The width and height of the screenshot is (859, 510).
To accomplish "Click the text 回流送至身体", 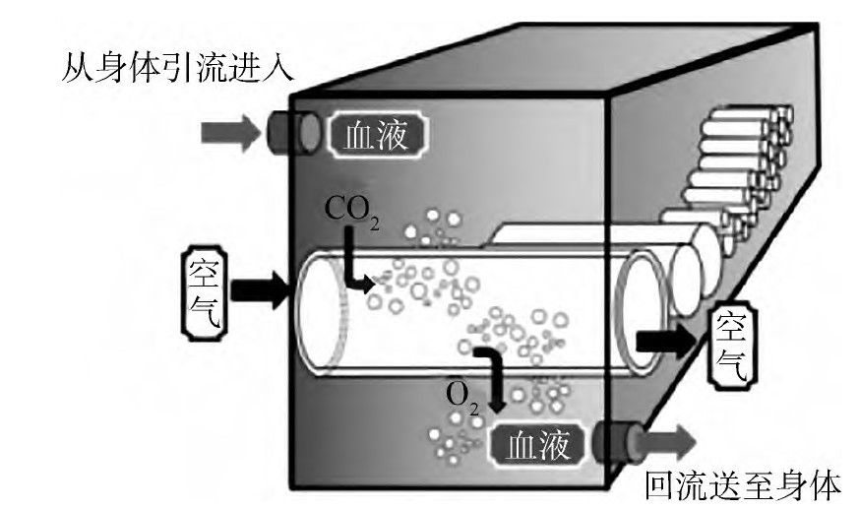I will click(743, 485).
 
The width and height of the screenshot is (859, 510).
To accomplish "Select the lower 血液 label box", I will click(537, 446).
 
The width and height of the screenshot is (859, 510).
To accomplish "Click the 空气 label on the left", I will click(206, 290).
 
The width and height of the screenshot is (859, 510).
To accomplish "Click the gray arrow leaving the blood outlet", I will click(670, 439).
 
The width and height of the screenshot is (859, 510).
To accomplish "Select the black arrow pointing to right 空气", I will click(667, 341).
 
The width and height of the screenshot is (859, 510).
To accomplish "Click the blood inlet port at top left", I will click(292, 132).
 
